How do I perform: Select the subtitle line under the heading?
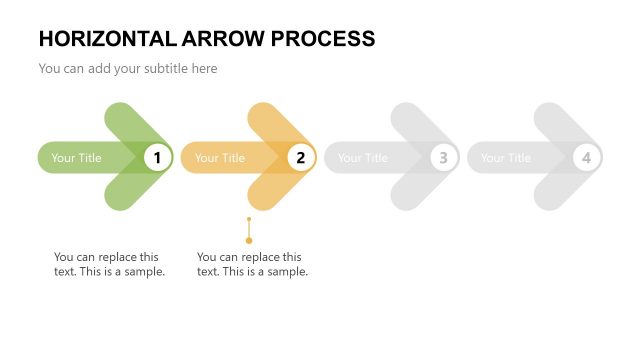[128, 69]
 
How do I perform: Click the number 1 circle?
[157, 157]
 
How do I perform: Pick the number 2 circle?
[300, 157]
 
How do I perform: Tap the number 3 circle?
[443, 157]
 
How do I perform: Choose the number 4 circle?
[586, 157]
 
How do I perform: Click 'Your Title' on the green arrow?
[77, 158]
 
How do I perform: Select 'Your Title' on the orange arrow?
[220, 158]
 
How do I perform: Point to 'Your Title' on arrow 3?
[363, 158]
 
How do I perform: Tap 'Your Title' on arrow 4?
[506, 158]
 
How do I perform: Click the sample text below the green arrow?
[109, 264]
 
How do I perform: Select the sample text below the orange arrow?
[252, 264]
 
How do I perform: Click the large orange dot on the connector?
[249, 240]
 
